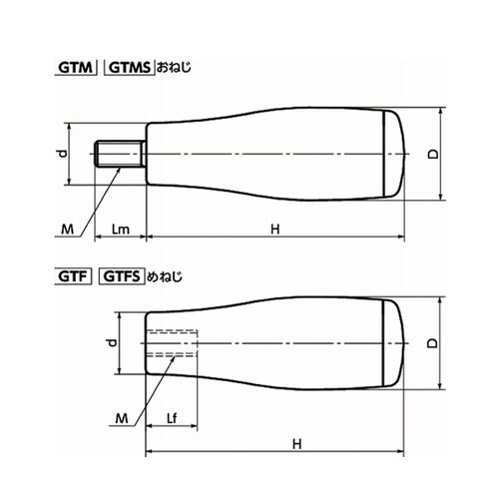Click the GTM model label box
(76, 68)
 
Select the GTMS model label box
(130, 68)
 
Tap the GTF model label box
(73, 276)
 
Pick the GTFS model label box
(122, 276)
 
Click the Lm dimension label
(121, 230)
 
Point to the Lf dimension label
(172, 418)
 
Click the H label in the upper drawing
(275, 230)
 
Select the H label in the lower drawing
(297, 444)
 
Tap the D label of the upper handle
(433, 154)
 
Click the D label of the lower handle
(432, 343)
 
